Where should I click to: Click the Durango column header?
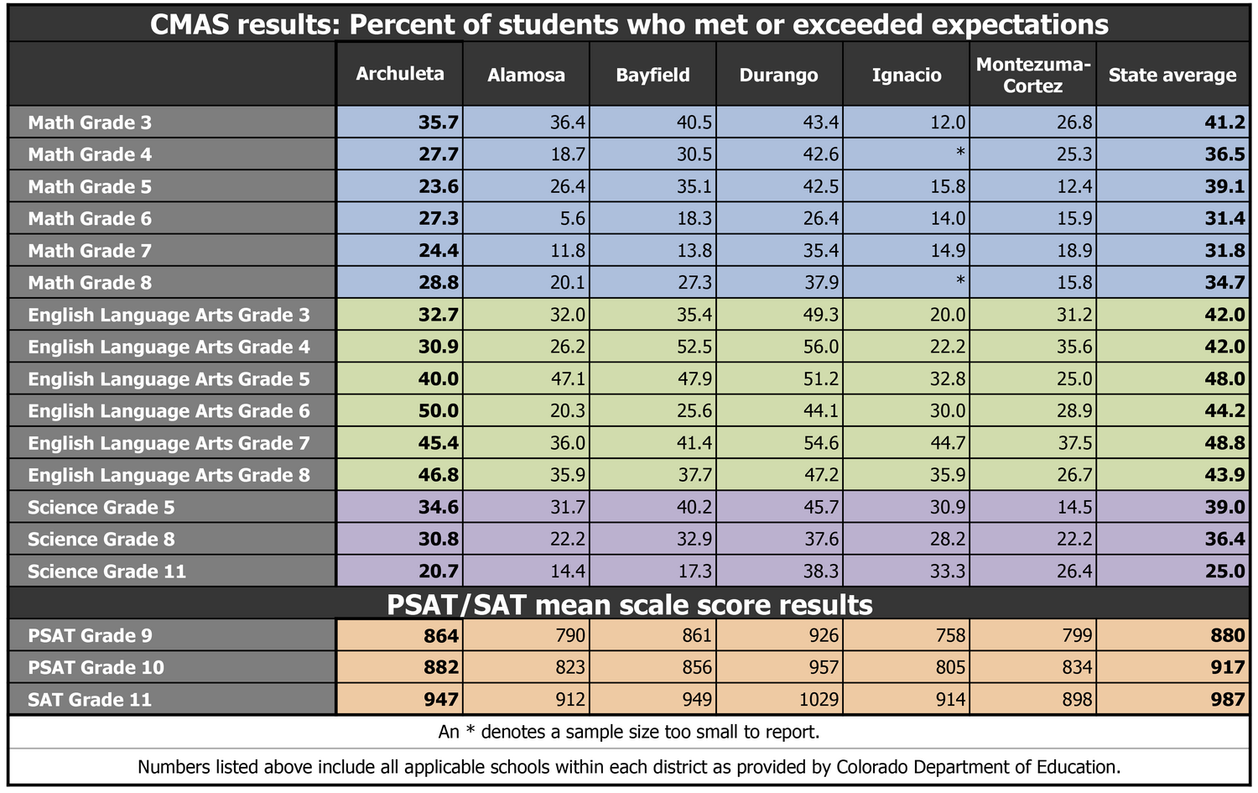(778, 76)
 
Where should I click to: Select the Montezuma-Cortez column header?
(1032, 76)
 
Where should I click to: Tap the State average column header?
(1172, 76)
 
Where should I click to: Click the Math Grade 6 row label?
(90, 219)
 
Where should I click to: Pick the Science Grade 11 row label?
(107, 572)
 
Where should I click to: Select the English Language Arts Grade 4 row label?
(169, 347)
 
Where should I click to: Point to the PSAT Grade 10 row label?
(96, 668)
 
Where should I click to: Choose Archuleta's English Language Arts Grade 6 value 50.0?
(439, 411)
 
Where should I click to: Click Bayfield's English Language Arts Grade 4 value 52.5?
(694, 347)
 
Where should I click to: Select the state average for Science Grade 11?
(1224, 572)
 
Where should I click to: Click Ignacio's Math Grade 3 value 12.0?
(948, 123)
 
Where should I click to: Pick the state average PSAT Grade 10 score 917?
(1228, 668)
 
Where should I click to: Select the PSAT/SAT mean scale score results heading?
(629, 605)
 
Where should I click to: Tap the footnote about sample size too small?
(629, 732)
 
